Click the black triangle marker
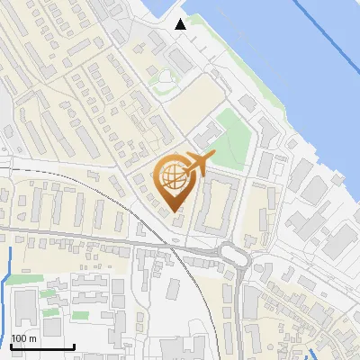click(181, 24)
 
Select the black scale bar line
click(42, 346)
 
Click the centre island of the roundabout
click(234, 256)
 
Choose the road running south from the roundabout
click(241, 306)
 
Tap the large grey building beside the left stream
click(25, 308)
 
